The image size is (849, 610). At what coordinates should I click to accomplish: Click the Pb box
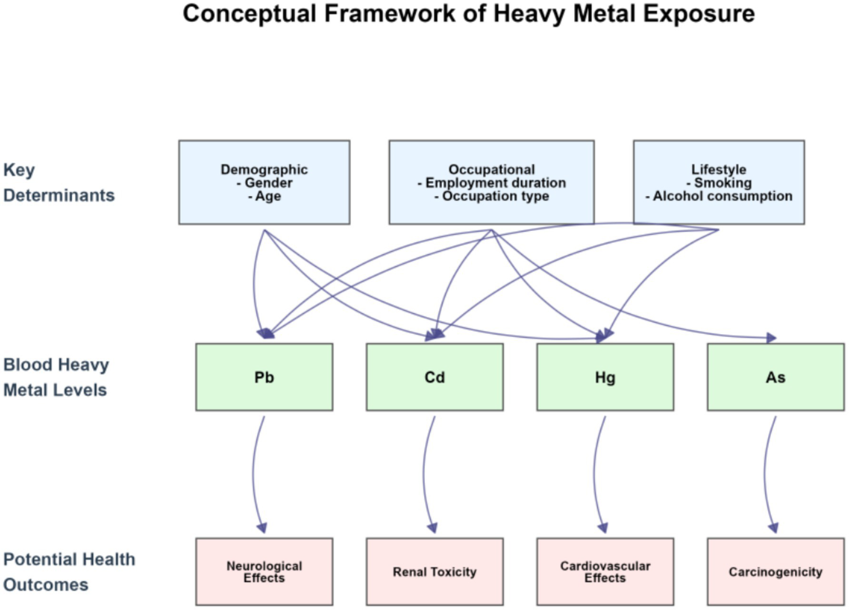click(264, 377)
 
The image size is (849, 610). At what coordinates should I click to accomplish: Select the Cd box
click(434, 377)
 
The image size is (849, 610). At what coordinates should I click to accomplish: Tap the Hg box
click(605, 377)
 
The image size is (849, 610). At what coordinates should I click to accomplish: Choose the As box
click(775, 377)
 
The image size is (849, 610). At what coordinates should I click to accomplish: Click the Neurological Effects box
click(264, 571)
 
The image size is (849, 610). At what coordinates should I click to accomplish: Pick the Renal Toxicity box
click(434, 571)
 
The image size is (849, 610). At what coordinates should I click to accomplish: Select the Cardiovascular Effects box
click(605, 571)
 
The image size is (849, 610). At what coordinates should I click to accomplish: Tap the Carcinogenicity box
click(775, 571)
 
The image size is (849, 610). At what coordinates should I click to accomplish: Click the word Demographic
click(264, 169)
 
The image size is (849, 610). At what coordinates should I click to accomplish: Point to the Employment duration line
click(492, 183)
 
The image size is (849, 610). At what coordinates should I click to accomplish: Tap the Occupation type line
click(492, 196)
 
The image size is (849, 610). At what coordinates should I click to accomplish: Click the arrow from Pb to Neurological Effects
click(254, 473)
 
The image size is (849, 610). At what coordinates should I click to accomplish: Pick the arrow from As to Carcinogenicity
click(765, 473)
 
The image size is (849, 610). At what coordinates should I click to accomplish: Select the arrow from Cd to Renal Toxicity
click(424, 473)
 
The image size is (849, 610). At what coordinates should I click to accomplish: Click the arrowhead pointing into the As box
click(771, 337)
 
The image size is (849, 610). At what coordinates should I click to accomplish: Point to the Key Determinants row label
click(58, 182)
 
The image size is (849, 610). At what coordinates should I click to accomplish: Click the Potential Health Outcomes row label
click(69, 571)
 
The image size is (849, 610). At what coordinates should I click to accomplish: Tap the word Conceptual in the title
click(249, 13)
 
